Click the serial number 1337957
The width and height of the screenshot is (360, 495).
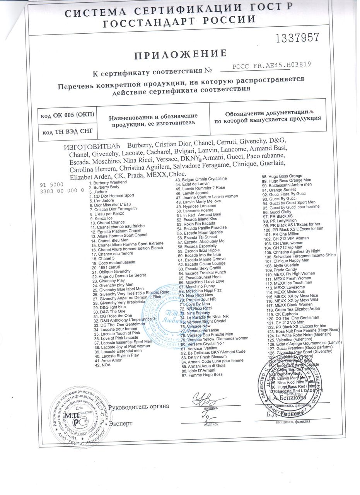coord(297,38)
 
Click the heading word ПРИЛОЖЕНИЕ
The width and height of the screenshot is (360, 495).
coord(180,55)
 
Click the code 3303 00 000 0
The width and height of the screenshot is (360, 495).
coord(62,191)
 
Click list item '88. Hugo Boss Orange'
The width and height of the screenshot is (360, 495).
coord(282,176)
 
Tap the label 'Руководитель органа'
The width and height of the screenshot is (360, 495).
coord(139,406)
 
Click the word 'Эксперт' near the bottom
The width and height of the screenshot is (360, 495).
coord(121,423)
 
